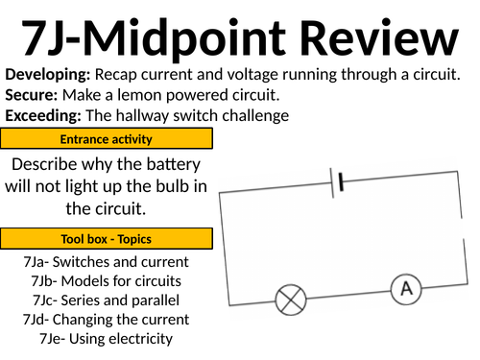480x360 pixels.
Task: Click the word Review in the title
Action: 379,37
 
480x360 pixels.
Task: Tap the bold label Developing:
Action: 48,75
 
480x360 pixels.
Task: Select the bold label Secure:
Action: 32,95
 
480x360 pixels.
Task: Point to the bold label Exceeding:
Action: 43,116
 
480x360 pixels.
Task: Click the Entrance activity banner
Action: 107,138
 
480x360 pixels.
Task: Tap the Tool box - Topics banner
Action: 107,239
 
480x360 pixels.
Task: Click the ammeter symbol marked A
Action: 406,289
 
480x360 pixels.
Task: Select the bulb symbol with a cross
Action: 291,300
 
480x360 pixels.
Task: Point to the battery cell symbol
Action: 337,182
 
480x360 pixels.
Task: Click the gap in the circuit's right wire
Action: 462,228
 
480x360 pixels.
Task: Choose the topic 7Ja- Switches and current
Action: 106,262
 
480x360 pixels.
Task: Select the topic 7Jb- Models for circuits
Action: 106,281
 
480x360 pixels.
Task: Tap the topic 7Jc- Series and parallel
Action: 106,300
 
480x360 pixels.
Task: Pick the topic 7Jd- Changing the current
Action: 106,320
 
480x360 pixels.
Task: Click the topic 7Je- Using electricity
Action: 106,339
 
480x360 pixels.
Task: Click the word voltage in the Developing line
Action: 252,75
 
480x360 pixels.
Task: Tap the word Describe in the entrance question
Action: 44,164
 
